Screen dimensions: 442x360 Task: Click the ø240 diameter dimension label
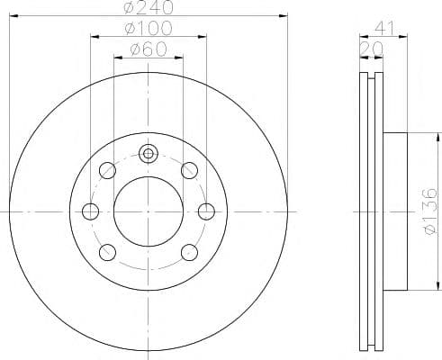(x=149, y=7)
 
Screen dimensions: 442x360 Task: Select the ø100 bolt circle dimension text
(x=149, y=28)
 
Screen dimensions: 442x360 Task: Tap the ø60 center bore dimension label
(x=149, y=49)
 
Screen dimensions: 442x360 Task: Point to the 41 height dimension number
(x=383, y=29)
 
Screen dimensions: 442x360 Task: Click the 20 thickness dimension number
(x=372, y=49)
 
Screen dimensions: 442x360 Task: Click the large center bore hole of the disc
(x=149, y=211)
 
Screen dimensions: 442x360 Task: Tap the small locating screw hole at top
(x=148, y=154)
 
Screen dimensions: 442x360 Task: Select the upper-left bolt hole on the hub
(x=107, y=170)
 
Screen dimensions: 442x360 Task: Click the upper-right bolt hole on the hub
(x=189, y=170)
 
